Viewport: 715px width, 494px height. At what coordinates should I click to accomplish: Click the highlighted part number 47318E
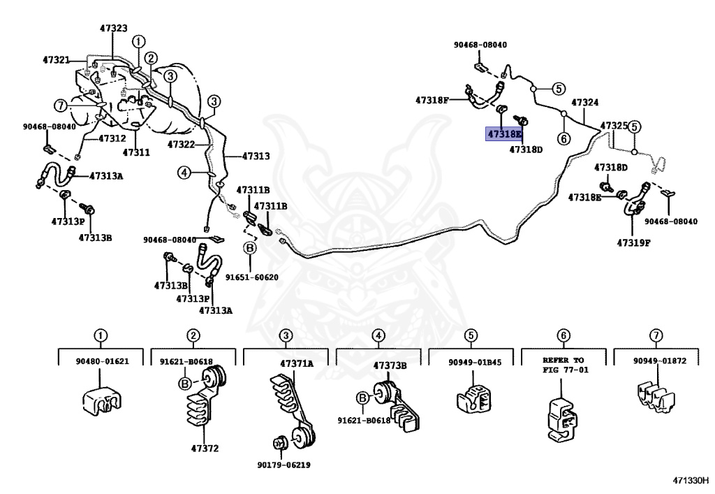click(x=504, y=134)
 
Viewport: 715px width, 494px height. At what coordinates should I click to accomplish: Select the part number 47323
click(x=114, y=28)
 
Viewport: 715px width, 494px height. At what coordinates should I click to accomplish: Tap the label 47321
click(x=56, y=60)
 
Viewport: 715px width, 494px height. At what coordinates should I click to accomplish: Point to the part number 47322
click(x=181, y=145)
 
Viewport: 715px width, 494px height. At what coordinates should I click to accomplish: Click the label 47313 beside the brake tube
click(x=256, y=156)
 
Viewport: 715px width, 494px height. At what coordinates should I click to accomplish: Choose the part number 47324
click(x=585, y=103)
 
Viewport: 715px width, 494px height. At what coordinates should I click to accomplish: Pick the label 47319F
click(x=633, y=242)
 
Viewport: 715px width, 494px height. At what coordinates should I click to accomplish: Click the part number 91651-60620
click(x=251, y=277)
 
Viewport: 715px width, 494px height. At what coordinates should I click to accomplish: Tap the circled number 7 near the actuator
click(x=61, y=106)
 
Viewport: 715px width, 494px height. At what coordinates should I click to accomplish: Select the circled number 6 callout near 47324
click(x=564, y=138)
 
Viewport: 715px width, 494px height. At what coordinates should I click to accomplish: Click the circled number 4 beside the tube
click(x=184, y=173)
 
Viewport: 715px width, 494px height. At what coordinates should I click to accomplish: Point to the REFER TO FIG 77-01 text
click(x=566, y=365)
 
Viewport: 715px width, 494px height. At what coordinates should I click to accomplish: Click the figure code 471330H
click(x=691, y=480)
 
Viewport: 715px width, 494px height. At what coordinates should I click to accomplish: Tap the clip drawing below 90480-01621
click(x=102, y=400)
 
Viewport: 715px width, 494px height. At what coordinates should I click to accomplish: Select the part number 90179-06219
click(x=283, y=465)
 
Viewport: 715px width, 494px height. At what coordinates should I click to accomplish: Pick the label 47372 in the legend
click(x=205, y=449)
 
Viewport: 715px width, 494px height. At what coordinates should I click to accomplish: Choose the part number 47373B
click(x=390, y=365)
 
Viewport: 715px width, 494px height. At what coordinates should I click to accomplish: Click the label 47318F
click(x=432, y=100)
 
